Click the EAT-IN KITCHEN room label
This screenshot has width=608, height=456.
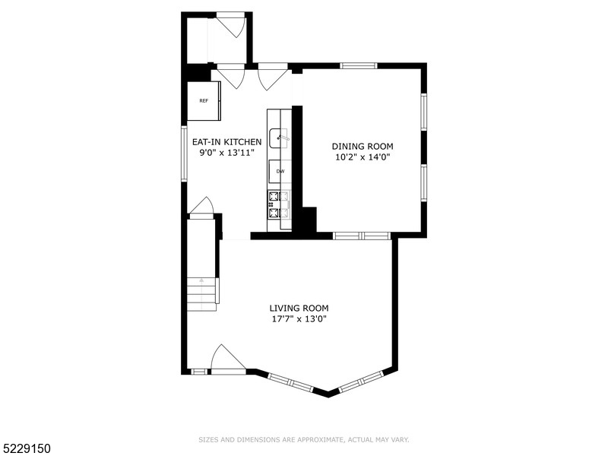(x=226, y=142)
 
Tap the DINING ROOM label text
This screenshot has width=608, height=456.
(x=363, y=146)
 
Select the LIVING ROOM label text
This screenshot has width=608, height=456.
(x=299, y=308)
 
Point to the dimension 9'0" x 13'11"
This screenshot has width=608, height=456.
(x=226, y=153)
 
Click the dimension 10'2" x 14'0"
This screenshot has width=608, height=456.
(x=363, y=157)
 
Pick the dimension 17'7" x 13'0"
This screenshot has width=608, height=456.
(x=299, y=319)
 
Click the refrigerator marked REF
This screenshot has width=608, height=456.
(x=204, y=100)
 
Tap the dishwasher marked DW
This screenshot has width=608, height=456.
(x=280, y=171)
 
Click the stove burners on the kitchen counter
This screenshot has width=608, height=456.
(x=279, y=205)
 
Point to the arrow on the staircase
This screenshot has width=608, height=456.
(x=202, y=280)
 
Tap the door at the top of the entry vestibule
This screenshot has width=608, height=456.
(x=229, y=25)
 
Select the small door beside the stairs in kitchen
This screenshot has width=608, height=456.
(x=201, y=207)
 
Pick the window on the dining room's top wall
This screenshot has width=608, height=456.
(x=359, y=66)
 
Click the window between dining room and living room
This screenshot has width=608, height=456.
(x=362, y=236)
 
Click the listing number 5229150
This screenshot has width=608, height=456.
(x=26, y=449)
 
